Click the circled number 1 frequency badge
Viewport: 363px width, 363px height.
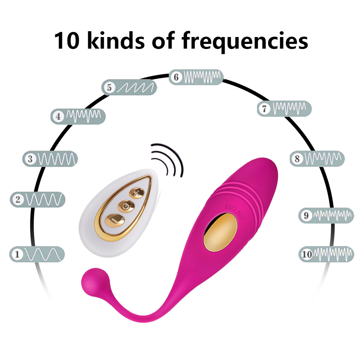tap(37, 254)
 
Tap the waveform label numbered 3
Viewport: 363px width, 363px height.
tap(50, 159)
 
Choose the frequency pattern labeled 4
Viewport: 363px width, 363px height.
tap(78, 116)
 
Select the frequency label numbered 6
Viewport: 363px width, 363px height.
tap(196, 77)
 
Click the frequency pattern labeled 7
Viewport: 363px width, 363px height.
tap(284, 108)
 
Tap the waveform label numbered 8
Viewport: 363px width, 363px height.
tap(317, 158)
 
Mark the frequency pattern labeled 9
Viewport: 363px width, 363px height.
tap(326, 216)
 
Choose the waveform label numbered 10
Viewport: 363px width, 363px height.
tap(326, 254)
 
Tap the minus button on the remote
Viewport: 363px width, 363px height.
tap(114, 220)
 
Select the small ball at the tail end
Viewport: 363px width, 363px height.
tap(90, 281)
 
